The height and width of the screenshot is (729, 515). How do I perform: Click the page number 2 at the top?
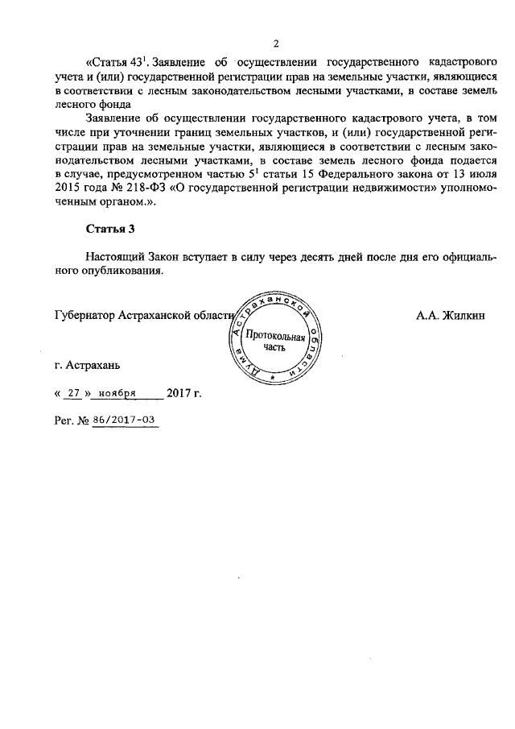point(275,43)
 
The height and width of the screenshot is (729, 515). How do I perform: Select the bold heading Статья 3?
point(110,229)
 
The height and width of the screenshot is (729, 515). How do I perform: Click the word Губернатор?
point(83,315)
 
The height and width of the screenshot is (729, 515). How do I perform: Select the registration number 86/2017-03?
point(125,420)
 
